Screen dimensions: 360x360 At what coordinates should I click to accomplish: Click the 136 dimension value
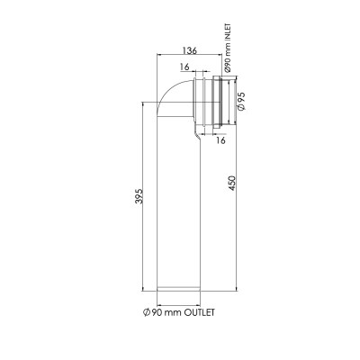point(190,50)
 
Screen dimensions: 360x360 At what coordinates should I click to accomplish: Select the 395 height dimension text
point(139,196)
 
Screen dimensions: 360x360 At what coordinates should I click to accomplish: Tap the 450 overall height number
point(232,184)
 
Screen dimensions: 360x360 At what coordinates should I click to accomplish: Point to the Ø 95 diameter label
point(241,101)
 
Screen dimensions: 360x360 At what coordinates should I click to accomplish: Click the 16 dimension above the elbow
point(184,67)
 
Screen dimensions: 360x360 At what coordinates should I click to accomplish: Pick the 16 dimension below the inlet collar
point(220,140)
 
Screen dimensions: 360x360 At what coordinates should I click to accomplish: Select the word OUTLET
point(199,312)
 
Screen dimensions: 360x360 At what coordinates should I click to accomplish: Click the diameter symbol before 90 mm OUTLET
point(147,312)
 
